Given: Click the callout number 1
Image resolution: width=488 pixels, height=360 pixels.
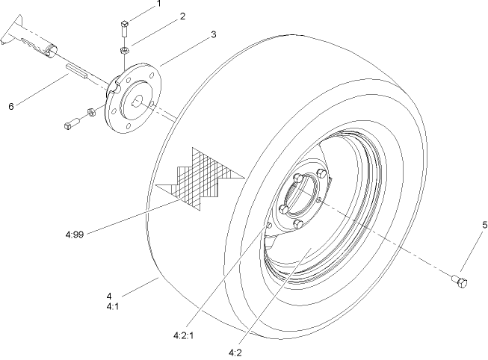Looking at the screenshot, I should click(x=158, y=4).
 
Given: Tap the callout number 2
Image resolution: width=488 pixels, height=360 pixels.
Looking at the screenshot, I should click(x=182, y=16).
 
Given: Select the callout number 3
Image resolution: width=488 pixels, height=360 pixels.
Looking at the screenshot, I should click(x=214, y=34).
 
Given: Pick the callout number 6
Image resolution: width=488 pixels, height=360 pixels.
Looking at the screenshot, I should click(x=11, y=107).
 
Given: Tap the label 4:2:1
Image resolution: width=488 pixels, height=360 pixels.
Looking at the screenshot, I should click(x=183, y=335).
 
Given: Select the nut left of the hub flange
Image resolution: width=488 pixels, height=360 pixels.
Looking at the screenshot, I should click(x=89, y=113).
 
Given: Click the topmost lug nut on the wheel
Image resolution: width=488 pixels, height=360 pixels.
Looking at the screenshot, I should click(x=299, y=179).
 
